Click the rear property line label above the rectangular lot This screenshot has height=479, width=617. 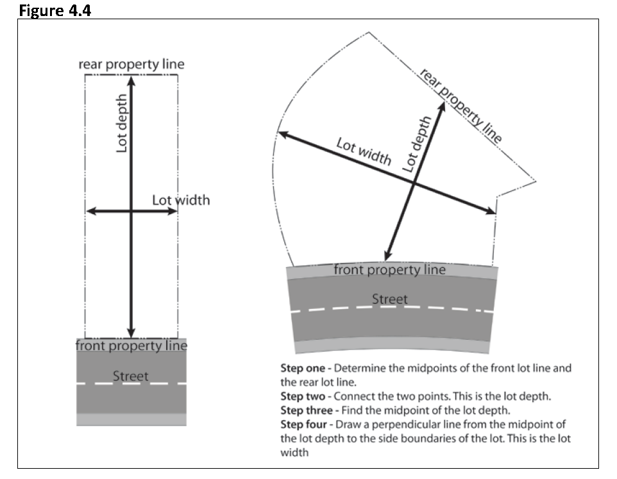point(131,64)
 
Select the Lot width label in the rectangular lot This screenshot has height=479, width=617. point(181,200)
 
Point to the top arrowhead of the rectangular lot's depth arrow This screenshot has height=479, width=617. point(131,80)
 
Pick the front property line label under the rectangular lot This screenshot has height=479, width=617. point(131,346)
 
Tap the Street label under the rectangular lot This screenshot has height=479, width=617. point(130,376)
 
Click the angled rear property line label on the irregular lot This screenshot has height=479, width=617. point(460,105)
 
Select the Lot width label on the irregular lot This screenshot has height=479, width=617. point(364,151)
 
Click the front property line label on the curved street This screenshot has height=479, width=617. point(389,270)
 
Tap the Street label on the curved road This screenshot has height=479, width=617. point(389,299)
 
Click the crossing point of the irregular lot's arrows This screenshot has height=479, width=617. point(414,183)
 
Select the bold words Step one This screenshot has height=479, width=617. point(305,369)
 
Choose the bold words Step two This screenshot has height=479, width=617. point(305,397)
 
